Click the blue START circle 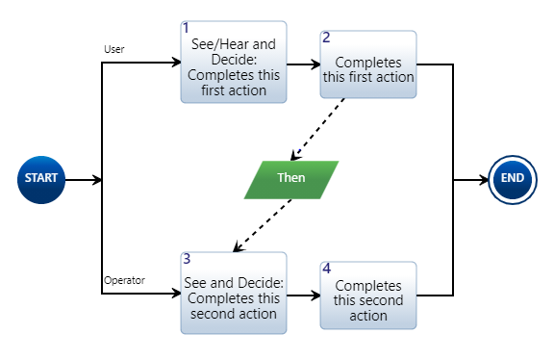click(40, 179)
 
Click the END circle click(513, 179)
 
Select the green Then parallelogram click(291, 179)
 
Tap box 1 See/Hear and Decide click(234, 63)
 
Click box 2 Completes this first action click(368, 64)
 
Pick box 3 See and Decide click(234, 293)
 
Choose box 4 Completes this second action click(368, 295)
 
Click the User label click(114, 49)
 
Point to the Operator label click(123, 280)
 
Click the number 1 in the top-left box click(187, 28)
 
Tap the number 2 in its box click(326, 39)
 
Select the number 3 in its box click(187, 259)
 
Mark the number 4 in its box click(327, 269)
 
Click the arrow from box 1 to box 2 click(303, 64)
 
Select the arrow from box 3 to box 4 click(303, 296)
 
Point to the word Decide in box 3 click(260, 284)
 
